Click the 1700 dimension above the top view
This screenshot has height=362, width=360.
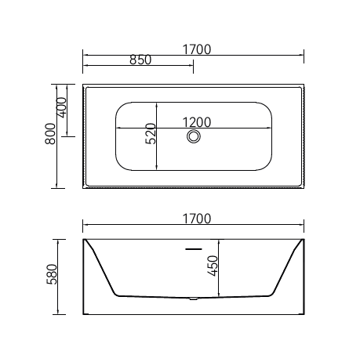(x=196, y=49)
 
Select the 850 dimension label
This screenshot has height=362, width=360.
(x=140, y=60)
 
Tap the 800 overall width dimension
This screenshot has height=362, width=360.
(x=50, y=134)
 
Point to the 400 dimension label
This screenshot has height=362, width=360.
(x=62, y=107)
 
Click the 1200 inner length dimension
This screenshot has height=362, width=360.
(x=196, y=122)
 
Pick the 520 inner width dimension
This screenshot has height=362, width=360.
(x=151, y=133)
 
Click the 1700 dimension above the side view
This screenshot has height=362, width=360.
(x=196, y=219)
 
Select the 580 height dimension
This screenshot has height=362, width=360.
(x=52, y=274)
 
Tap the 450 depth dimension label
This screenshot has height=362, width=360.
(x=213, y=266)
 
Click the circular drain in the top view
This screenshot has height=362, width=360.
(x=194, y=136)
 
